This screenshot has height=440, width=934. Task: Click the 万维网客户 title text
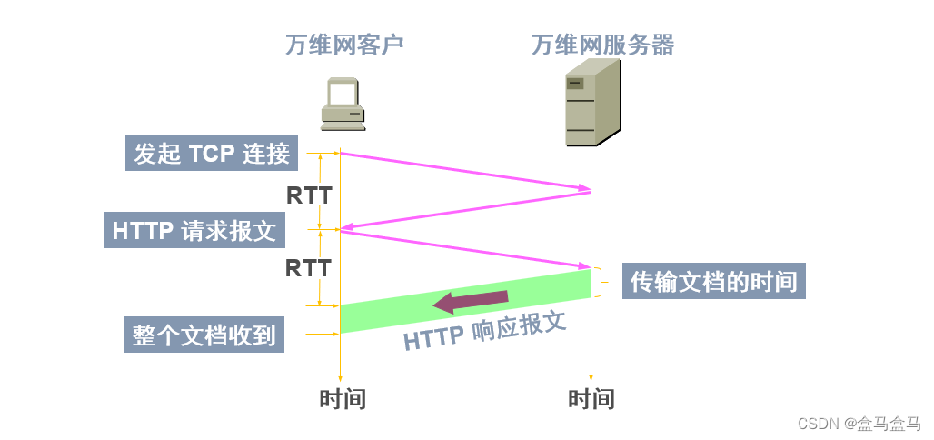(x=344, y=45)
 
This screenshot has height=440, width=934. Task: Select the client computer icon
(x=344, y=101)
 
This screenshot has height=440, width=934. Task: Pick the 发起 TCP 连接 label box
(x=212, y=154)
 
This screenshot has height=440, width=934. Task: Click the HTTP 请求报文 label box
(x=194, y=230)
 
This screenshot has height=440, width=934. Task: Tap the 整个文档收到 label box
(x=204, y=335)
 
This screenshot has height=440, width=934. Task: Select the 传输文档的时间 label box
(x=714, y=282)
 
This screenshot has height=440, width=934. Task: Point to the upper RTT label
(x=309, y=195)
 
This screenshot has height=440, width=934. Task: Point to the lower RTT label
(x=308, y=268)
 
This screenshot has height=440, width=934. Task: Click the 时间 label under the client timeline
(x=343, y=399)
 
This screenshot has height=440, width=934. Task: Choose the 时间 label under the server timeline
(x=591, y=399)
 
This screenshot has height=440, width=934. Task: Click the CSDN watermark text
(x=859, y=424)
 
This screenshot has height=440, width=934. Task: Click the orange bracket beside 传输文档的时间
(x=600, y=282)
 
